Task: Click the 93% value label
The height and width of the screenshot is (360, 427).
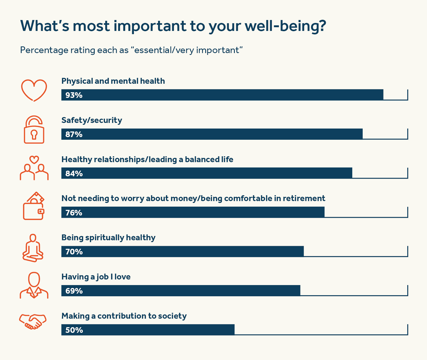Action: tap(74, 95)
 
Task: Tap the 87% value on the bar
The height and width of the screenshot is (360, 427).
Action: tap(74, 134)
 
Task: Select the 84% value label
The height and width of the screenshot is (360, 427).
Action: tap(74, 174)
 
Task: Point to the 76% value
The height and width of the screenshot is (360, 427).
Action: tap(74, 213)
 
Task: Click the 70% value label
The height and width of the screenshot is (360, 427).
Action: tap(74, 252)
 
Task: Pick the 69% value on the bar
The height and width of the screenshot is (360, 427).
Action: tap(74, 291)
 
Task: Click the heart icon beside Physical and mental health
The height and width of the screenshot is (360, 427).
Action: tap(34, 90)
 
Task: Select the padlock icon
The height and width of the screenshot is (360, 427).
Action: tap(34, 130)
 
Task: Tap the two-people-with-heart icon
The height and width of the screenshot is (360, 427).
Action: tap(34, 168)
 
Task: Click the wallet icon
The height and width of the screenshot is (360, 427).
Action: tap(34, 206)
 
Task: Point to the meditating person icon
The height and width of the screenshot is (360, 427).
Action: tap(33, 248)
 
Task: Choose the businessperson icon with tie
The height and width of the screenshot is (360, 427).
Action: tap(34, 285)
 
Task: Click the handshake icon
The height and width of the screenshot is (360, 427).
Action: tap(33, 322)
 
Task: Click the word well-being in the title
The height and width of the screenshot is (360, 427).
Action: tap(285, 26)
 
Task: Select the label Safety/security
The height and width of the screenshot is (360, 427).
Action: tap(92, 120)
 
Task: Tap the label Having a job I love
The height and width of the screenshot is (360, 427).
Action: tap(96, 277)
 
